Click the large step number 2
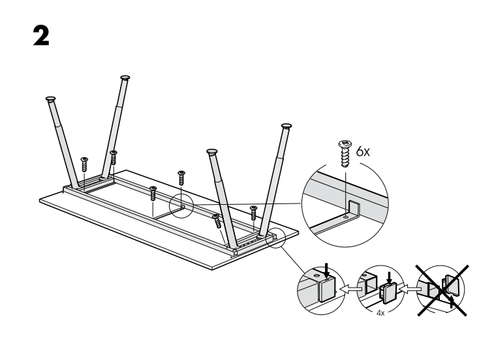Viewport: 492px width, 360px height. pos(41,36)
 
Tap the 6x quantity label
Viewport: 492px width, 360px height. pos(363,152)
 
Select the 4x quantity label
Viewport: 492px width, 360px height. pos(380,313)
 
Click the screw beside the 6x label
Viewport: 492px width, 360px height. pos(345,154)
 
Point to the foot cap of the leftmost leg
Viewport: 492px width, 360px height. pos(50,98)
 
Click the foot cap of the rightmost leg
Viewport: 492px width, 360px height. pos(286,126)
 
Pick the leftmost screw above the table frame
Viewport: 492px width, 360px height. pos(84,164)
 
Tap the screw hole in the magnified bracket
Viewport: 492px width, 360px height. pos(346,217)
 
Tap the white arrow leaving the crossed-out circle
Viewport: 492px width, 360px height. pos(410,289)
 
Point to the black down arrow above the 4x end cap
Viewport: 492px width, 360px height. pos(390,277)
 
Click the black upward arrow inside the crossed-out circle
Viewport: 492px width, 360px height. pos(451,301)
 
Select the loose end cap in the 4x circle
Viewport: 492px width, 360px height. pos(388,292)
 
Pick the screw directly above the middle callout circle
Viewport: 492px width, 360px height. pos(181,178)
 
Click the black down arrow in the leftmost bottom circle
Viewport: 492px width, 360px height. pos(328,270)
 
